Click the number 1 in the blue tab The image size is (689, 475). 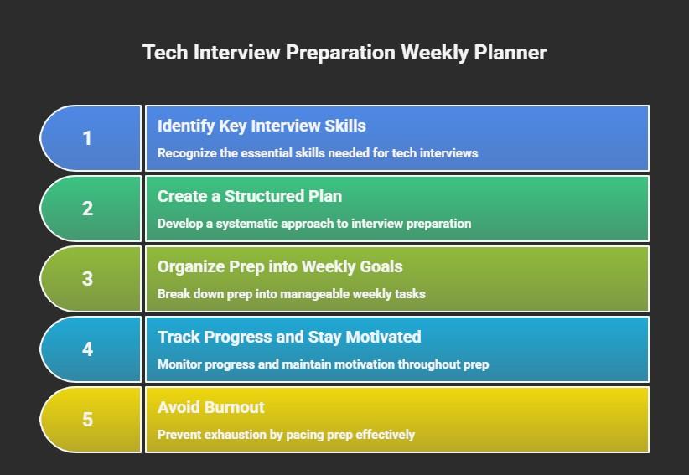tap(87, 138)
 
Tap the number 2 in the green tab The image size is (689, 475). tap(87, 209)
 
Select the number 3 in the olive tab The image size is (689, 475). tap(87, 279)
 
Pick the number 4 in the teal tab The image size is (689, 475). tap(87, 349)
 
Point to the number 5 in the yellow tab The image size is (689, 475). tap(87, 420)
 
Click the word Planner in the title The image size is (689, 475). tap(510, 53)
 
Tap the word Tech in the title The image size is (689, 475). tap(165, 53)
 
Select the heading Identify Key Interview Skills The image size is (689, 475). tap(262, 126)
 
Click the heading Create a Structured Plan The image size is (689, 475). tap(250, 197)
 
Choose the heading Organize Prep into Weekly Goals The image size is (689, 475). tap(280, 267)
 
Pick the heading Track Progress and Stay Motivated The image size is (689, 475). tap(289, 338)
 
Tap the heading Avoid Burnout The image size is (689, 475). tap(210, 408)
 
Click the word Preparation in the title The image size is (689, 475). tap(340, 53)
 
